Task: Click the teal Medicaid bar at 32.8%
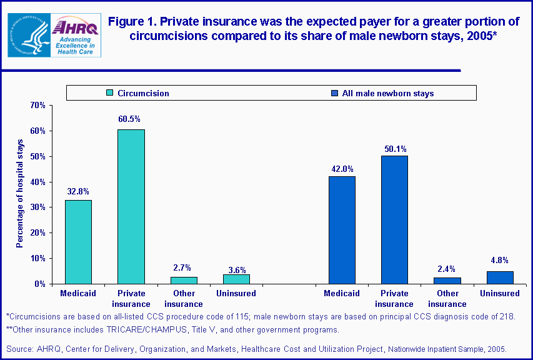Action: pos(78,242)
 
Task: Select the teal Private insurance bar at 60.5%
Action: pos(131,206)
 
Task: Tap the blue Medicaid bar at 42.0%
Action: pos(342,230)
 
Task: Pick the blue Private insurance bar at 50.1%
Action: pos(394,219)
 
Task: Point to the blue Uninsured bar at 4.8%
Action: pos(500,277)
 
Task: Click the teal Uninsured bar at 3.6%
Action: pos(236,279)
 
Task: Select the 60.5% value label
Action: pos(130,119)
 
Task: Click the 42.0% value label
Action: pos(342,169)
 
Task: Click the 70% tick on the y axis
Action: pos(38,105)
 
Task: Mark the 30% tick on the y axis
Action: pos(38,207)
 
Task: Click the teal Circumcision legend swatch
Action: pos(110,93)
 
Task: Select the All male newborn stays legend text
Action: pos(387,93)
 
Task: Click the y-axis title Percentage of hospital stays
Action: pos(20,194)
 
